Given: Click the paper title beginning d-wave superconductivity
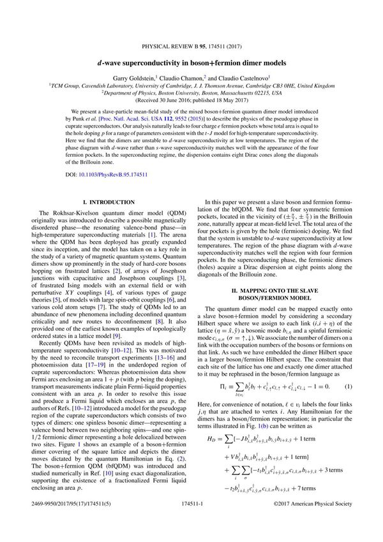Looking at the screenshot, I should pyautogui.click(x=191, y=46).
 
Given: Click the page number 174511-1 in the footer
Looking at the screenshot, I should pyautogui.click(x=191, y=521).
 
